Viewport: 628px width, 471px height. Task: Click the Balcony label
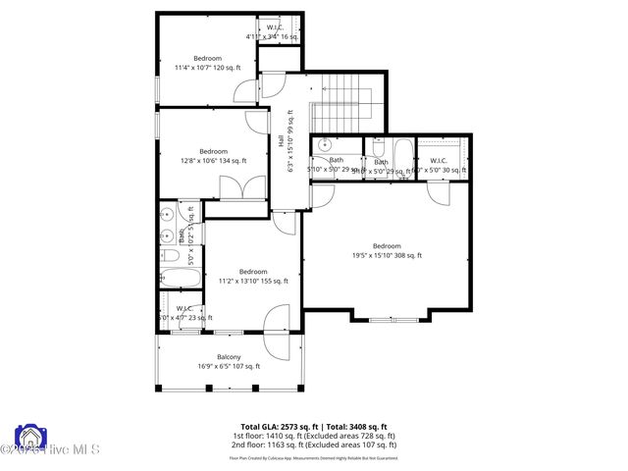(228, 357)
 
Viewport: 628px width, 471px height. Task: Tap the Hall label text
(282, 140)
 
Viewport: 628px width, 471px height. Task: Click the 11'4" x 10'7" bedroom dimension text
(207, 68)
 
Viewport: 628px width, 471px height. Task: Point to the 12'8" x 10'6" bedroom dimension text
(213, 161)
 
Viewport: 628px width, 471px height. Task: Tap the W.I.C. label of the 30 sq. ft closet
(438, 160)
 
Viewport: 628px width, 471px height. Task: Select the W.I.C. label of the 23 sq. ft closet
(183, 308)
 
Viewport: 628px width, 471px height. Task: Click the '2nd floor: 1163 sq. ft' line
(313, 446)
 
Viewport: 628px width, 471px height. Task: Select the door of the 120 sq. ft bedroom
(244, 92)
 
